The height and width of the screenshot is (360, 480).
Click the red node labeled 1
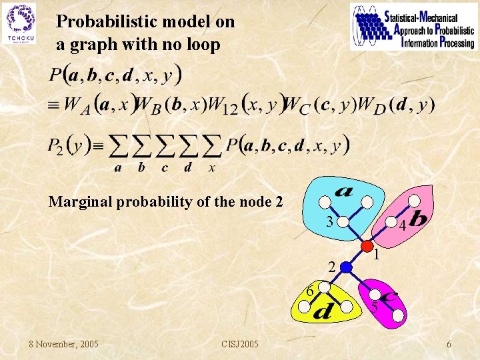(367, 245)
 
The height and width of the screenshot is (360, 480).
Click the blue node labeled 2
(345, 267)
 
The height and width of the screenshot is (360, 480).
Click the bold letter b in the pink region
(420, 218)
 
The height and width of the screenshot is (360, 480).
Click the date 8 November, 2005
(63, 344)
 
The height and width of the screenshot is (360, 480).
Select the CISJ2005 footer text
(240, 344)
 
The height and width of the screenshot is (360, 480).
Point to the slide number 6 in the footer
(449, 344)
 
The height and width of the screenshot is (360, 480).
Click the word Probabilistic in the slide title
(101, 21)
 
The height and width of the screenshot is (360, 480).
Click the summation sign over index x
(212, 145)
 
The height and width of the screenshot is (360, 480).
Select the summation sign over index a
(119, 145)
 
